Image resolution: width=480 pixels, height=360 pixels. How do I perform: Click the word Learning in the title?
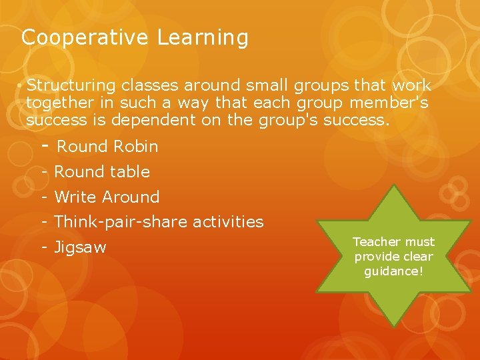203,38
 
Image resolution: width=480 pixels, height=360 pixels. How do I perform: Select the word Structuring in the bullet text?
71,86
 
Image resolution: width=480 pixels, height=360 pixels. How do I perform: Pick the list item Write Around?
107,197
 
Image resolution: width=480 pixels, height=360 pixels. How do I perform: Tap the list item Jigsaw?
79,247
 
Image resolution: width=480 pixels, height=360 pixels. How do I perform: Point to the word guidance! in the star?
394,271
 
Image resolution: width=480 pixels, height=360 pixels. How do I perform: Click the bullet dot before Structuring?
21,87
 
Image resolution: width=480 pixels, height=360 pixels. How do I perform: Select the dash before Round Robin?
45,145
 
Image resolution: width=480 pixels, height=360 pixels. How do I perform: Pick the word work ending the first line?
411,86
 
